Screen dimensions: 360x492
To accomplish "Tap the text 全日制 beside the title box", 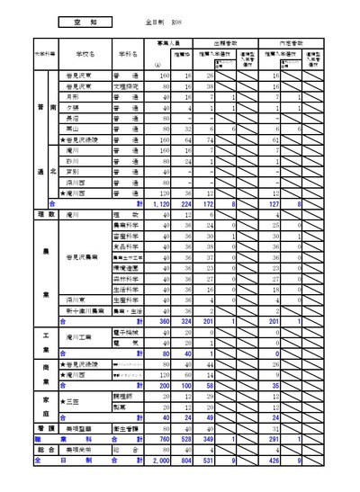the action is pos(153,19).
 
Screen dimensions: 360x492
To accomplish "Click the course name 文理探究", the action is pos(124,86).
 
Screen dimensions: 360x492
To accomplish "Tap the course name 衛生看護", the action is pos(124,428).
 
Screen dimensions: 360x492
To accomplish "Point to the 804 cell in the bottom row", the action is pos(184,460).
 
